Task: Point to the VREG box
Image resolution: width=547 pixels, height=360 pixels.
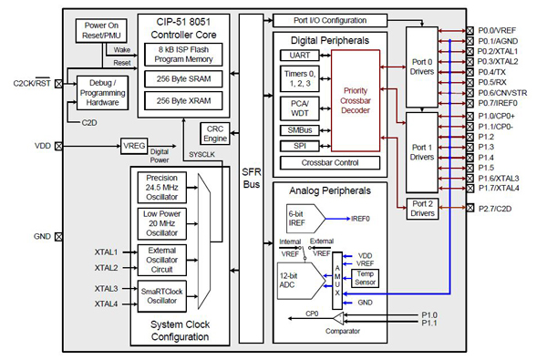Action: point(134,145)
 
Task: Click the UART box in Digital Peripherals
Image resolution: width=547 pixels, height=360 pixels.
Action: point(294,56)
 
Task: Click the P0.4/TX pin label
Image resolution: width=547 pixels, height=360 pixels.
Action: point(492,70)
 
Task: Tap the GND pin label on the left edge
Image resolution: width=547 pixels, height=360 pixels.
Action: point(42,236)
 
